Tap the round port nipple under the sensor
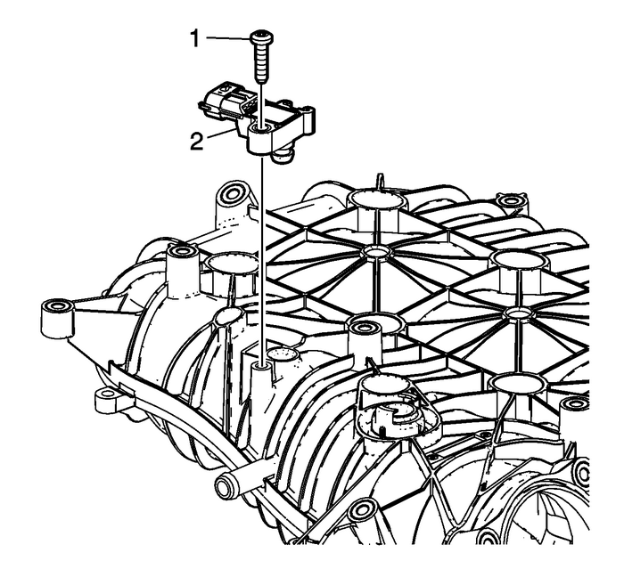[x=284, y=158]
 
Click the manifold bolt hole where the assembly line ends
[x=260, y=364]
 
